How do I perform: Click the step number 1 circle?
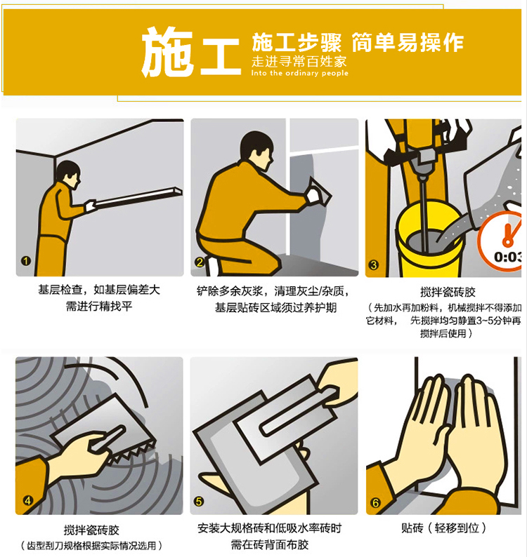25,261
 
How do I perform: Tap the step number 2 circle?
200,262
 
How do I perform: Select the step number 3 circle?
373,265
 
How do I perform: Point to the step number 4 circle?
28,501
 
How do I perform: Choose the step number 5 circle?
199,502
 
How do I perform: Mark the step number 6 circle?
375,503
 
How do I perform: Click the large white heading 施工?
191,52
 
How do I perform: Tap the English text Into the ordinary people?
299,73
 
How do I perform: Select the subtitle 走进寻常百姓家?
299,62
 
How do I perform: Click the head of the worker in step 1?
68,174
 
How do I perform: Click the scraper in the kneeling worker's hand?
318,192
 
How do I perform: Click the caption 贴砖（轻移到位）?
443,528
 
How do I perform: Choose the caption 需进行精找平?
99,306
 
